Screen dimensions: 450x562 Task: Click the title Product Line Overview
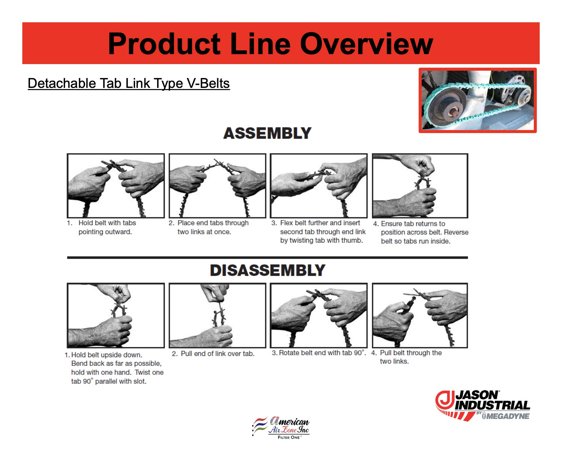270,44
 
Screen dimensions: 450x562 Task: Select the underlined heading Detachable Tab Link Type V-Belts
129,83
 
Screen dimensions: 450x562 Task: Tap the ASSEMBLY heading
267,133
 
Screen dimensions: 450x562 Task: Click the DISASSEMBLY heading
267,270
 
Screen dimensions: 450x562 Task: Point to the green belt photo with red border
477,100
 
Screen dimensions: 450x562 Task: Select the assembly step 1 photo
116,186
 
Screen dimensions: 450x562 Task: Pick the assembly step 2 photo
217,186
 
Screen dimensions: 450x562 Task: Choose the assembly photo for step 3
319,186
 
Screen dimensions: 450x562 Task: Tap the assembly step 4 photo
420,186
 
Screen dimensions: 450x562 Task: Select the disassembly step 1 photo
116,315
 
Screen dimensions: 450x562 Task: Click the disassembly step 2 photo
217,315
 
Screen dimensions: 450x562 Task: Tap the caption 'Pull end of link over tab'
214,353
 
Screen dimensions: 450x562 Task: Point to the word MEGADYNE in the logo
508,416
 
